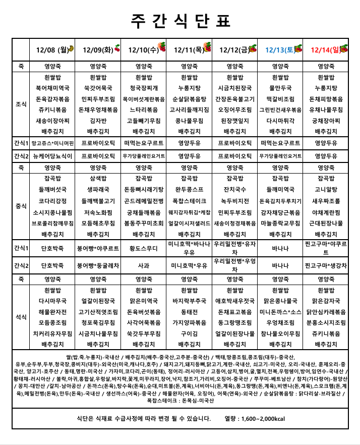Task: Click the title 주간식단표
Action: pos(180,20)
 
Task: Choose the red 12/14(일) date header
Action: pos(326,49)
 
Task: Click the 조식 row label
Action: pos(21,104)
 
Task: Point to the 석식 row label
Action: pos(21,317)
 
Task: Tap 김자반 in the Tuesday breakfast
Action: pos(98,121)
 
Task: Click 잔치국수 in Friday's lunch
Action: pos(234,189)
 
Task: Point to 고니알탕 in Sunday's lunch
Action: pos(326,189)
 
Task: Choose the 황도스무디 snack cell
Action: pos(144,248)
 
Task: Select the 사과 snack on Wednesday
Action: pos(144,265)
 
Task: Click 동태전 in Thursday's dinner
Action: pos(189,312)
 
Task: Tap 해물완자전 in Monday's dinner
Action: pos(52,312)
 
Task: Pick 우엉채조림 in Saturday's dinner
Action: pos(280,322)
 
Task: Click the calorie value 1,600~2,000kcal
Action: pos(262,419)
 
